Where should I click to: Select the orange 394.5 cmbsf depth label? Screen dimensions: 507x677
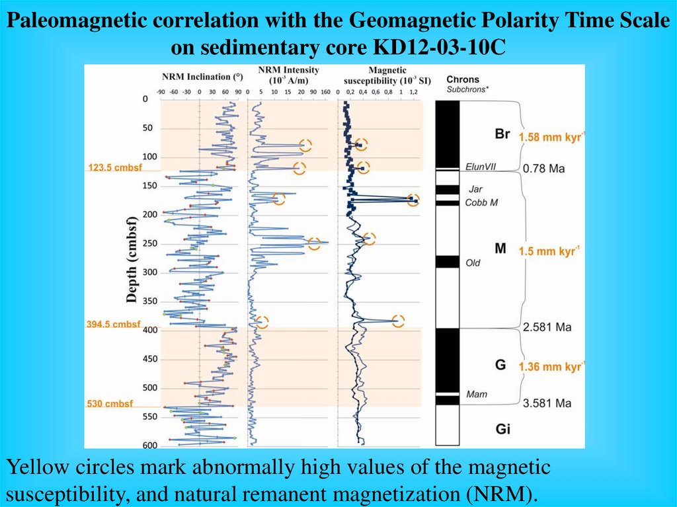[x=114, y=324]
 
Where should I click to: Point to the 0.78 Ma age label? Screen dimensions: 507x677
[x=544, y=169]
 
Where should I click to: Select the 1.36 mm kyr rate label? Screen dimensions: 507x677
[x=552, y=366]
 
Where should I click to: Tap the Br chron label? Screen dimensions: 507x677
[x=502, y=134]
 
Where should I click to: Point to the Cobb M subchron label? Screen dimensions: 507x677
[x=481, y=202]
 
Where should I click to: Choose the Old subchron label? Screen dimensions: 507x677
[x=473, y=263]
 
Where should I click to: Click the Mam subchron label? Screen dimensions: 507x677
[x=476, y=395]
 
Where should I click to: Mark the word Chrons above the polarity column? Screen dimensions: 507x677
[x=463, y=79]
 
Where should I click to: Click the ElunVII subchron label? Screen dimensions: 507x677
[x=481, y=167]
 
